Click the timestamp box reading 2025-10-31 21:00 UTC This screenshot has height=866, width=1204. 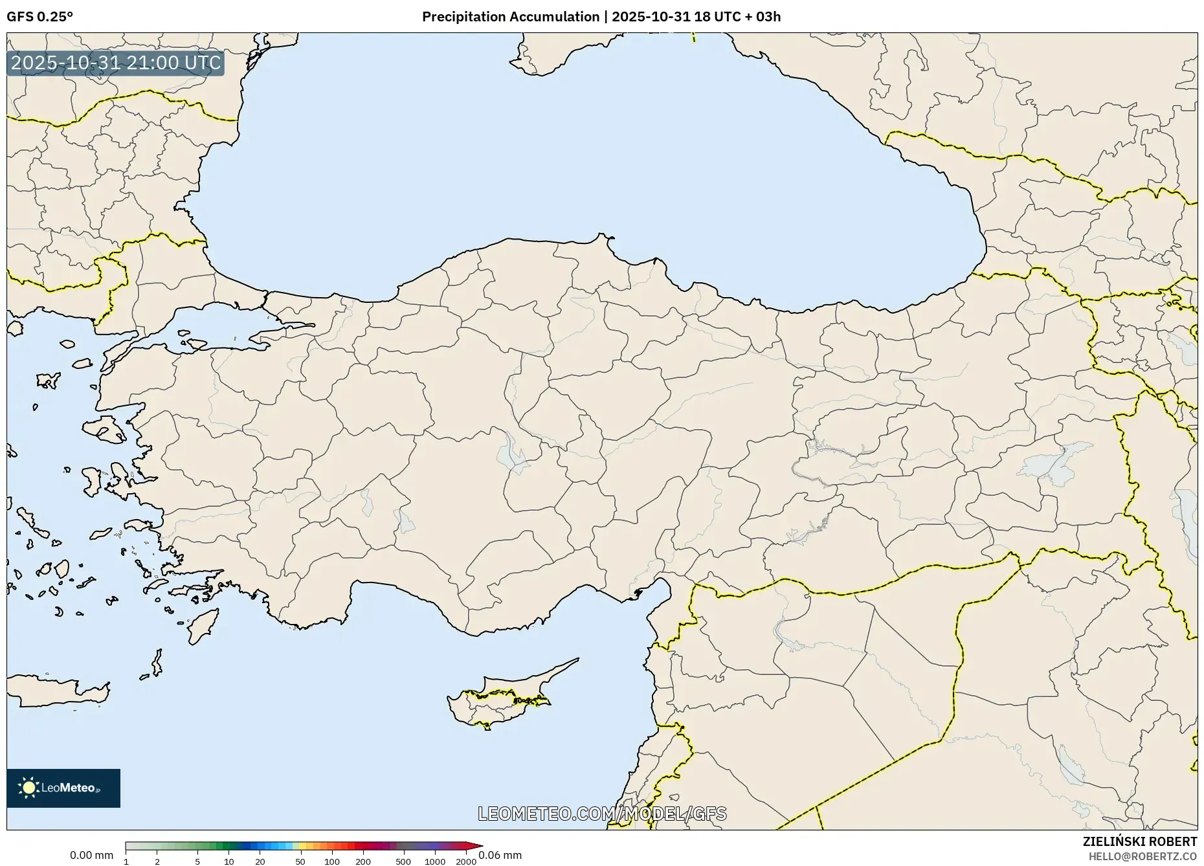point(116,63)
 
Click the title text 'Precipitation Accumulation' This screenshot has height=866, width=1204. point(511,17)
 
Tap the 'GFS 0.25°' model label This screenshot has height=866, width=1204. point(39,17)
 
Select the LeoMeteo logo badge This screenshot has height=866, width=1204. point(63,788)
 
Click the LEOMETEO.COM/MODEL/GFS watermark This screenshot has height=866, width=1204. point(602,814)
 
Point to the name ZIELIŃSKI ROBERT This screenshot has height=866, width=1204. point(1139,841)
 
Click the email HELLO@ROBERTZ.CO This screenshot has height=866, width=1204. point(1143,856)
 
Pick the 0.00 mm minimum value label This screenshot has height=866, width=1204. point(91,856)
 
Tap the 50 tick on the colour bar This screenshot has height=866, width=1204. point(300,861)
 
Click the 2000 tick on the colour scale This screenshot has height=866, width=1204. point(466,861)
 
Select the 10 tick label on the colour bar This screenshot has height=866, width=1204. point(229,861)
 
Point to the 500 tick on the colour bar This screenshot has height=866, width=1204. point(403,861)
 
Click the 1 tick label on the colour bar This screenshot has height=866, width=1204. point(126,861)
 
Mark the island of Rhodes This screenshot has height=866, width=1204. point(202,625)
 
